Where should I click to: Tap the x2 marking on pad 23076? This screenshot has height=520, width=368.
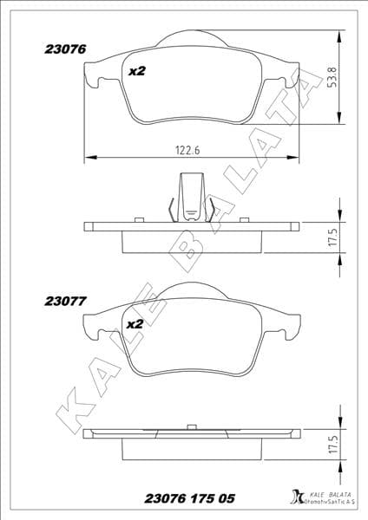(x=136, y=72)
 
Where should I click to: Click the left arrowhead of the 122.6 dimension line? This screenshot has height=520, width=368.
(x=87, y=158)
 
